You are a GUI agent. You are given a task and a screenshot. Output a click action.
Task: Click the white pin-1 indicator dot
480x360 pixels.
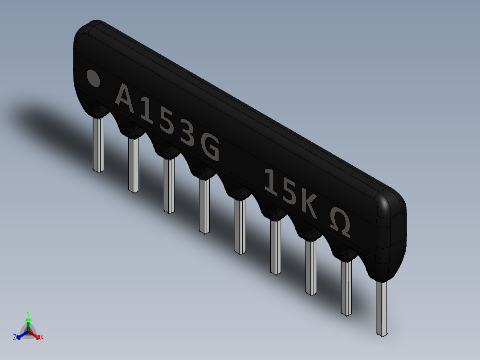(x=93, y=78)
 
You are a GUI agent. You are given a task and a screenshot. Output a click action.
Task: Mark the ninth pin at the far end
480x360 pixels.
(x=382, y=307)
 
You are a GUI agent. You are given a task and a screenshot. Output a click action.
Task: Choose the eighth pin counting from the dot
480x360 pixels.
(x=346, y=287)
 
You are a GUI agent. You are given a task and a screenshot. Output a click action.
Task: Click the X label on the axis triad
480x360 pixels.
(x=42, y=338)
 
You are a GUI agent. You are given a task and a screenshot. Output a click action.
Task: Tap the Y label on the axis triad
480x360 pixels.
(x=28, y=313)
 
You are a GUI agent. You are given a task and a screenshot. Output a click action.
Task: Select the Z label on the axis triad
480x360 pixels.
(x=15, y=337)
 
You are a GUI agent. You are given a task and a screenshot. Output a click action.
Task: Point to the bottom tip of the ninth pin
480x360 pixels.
(x=382, y=334)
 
